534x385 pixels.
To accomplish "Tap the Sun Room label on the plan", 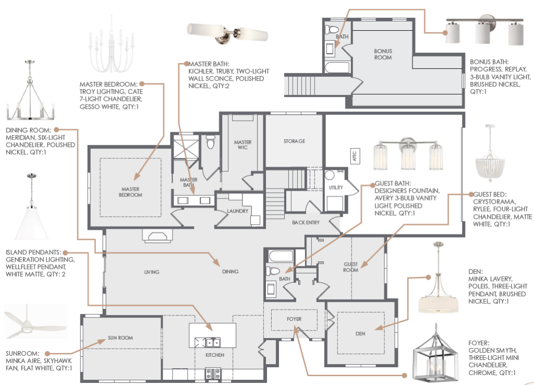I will pyautogui.click(x=120, y=338).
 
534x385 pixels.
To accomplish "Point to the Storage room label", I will pyautogui.click(x=294, y=141).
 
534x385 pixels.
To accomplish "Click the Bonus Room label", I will pyautogui.click(x=383, y=54).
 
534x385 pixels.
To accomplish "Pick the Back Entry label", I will pyautogui.click(x=306, y=223).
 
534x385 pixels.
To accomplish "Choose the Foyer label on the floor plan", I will pyautogui.click(x=294, y=319).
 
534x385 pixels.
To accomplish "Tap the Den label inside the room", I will pyautogui.click(x=360, y=333).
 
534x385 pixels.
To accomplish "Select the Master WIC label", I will pyautogui.click(x=242, y=145).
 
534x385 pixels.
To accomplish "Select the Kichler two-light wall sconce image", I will pyautogui.click(x=228, y=33).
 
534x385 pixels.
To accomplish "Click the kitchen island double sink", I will pyautogui.click(x=212, y=343).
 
